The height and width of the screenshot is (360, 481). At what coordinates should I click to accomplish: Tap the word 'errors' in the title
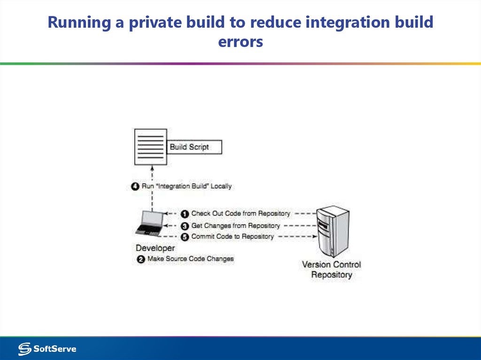click(240, 42)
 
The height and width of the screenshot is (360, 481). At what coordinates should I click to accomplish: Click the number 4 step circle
click(135, 186)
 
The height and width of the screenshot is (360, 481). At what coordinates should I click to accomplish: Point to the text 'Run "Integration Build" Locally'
click(186, 186)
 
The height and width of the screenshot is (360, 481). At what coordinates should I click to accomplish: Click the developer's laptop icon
click(150, 224)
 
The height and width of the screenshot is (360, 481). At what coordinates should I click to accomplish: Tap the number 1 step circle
click(185, 214)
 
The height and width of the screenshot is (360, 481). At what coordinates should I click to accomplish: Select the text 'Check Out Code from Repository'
click(240, 214)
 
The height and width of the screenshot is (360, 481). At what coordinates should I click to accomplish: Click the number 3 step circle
click(185, 226)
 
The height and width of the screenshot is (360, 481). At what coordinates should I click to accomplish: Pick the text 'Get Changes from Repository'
click(235, 226)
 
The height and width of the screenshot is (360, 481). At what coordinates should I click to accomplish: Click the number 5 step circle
click(185, 237)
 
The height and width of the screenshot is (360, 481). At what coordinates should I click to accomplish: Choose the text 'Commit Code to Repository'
click(232, 237)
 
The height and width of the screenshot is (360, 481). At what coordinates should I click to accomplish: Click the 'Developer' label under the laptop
click(155, 248)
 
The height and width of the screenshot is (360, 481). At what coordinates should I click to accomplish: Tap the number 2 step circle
click(140, 259)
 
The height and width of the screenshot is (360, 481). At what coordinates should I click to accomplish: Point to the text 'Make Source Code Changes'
click(190, 259)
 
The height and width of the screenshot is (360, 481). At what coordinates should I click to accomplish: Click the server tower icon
click(332, 230)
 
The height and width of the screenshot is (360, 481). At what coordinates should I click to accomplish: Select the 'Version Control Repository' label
click(331, 269)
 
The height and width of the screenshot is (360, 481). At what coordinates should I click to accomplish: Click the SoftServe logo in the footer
click(47, 349)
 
